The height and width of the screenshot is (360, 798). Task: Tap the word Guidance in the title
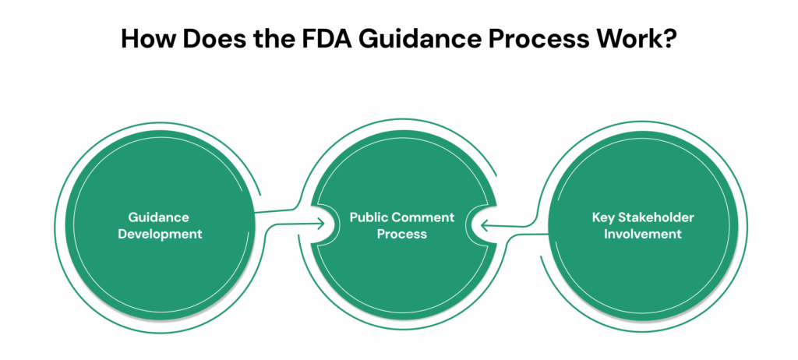point(422,40)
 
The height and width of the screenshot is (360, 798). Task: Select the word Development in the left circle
point(160,234)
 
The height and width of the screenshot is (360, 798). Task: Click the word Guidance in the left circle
point(160,217)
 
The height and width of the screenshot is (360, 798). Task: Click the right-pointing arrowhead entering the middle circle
point(320,224)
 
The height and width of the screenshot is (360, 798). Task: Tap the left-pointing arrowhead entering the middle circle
point(484,225)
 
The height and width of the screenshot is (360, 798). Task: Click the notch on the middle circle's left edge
point(328,224)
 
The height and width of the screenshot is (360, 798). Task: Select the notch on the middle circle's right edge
point(475,225)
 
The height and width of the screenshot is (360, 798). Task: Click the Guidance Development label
point(160,225)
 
